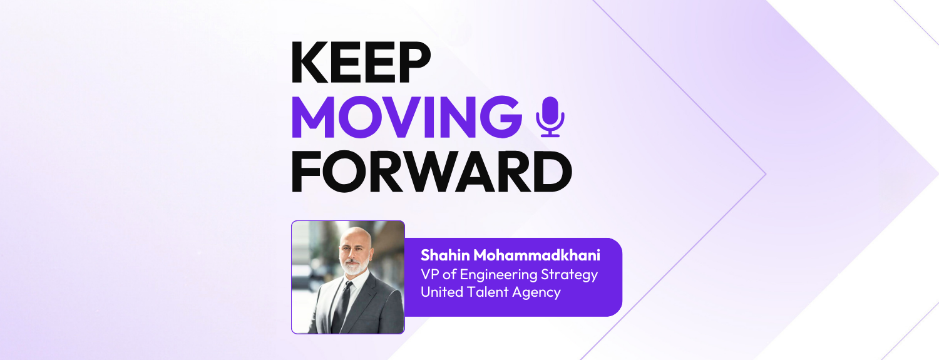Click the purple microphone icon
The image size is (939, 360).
tap(550, 116)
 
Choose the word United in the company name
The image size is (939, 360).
tap(441, 292)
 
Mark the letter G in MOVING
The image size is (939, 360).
tap(499, 118)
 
